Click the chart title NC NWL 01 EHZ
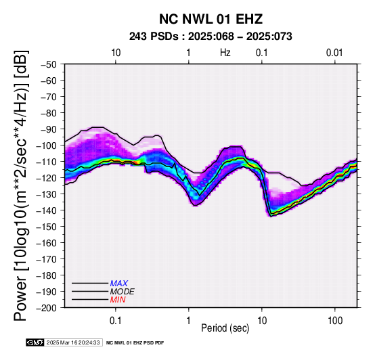(x=211, y=19)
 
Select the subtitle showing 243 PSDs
(x=211, y=37)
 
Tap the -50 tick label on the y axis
(x=49, y=64)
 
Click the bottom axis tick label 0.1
(x=116, y=321)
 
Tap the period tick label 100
(x=335, y=321)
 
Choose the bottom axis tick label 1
(x=189, y=321)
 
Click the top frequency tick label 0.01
(x=334, y=53)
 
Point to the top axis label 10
(x=116, y=53)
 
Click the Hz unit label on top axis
(x=225, y=53)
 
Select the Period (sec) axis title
(x=225, y=328)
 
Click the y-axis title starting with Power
(x=20, y=185)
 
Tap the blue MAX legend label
(x=118, y=284)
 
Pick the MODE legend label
(x=123, y=292)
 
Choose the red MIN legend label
(x=118, y=300)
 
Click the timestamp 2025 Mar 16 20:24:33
(x=73, y=342)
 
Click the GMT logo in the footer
(x=35, y=342)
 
